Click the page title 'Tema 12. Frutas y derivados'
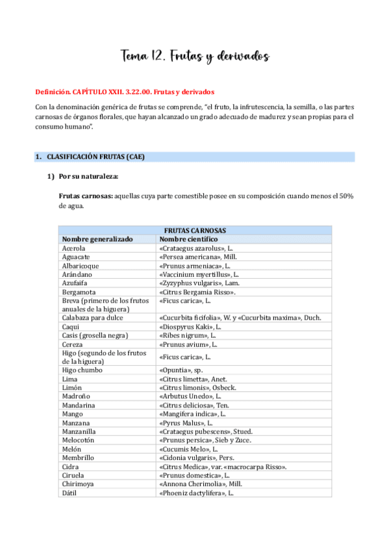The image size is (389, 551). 194,57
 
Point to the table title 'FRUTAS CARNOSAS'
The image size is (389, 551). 195,231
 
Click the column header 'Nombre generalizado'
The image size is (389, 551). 97,239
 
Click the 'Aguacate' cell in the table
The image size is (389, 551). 77,257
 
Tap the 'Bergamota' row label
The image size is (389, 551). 79,292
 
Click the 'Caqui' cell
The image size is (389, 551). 71,326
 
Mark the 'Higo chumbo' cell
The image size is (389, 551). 82,370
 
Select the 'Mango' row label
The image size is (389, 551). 72,413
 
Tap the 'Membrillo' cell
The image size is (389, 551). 79,458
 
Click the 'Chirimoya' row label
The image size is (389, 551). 79,484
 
